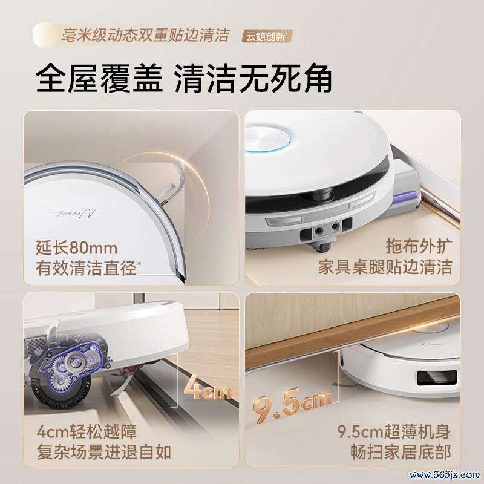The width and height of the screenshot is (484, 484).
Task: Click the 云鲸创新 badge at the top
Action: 267,36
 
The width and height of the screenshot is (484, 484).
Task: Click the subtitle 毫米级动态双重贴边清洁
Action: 145,35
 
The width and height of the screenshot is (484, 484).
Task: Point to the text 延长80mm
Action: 77,247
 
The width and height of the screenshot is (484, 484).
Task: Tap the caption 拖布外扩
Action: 419,246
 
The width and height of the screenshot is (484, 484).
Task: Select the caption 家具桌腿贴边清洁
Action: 385,267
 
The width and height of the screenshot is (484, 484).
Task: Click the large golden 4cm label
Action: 208,391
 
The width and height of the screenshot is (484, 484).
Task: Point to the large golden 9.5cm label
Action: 292,405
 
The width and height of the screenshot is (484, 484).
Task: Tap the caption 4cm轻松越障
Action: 87,431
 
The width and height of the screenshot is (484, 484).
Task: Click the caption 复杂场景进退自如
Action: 103,452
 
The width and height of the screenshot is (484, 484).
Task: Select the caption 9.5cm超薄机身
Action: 394,431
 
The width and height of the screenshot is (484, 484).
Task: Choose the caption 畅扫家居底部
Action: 401,452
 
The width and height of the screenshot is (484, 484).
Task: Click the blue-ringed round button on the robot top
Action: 267,140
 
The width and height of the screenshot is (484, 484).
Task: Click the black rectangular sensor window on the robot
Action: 437,378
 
